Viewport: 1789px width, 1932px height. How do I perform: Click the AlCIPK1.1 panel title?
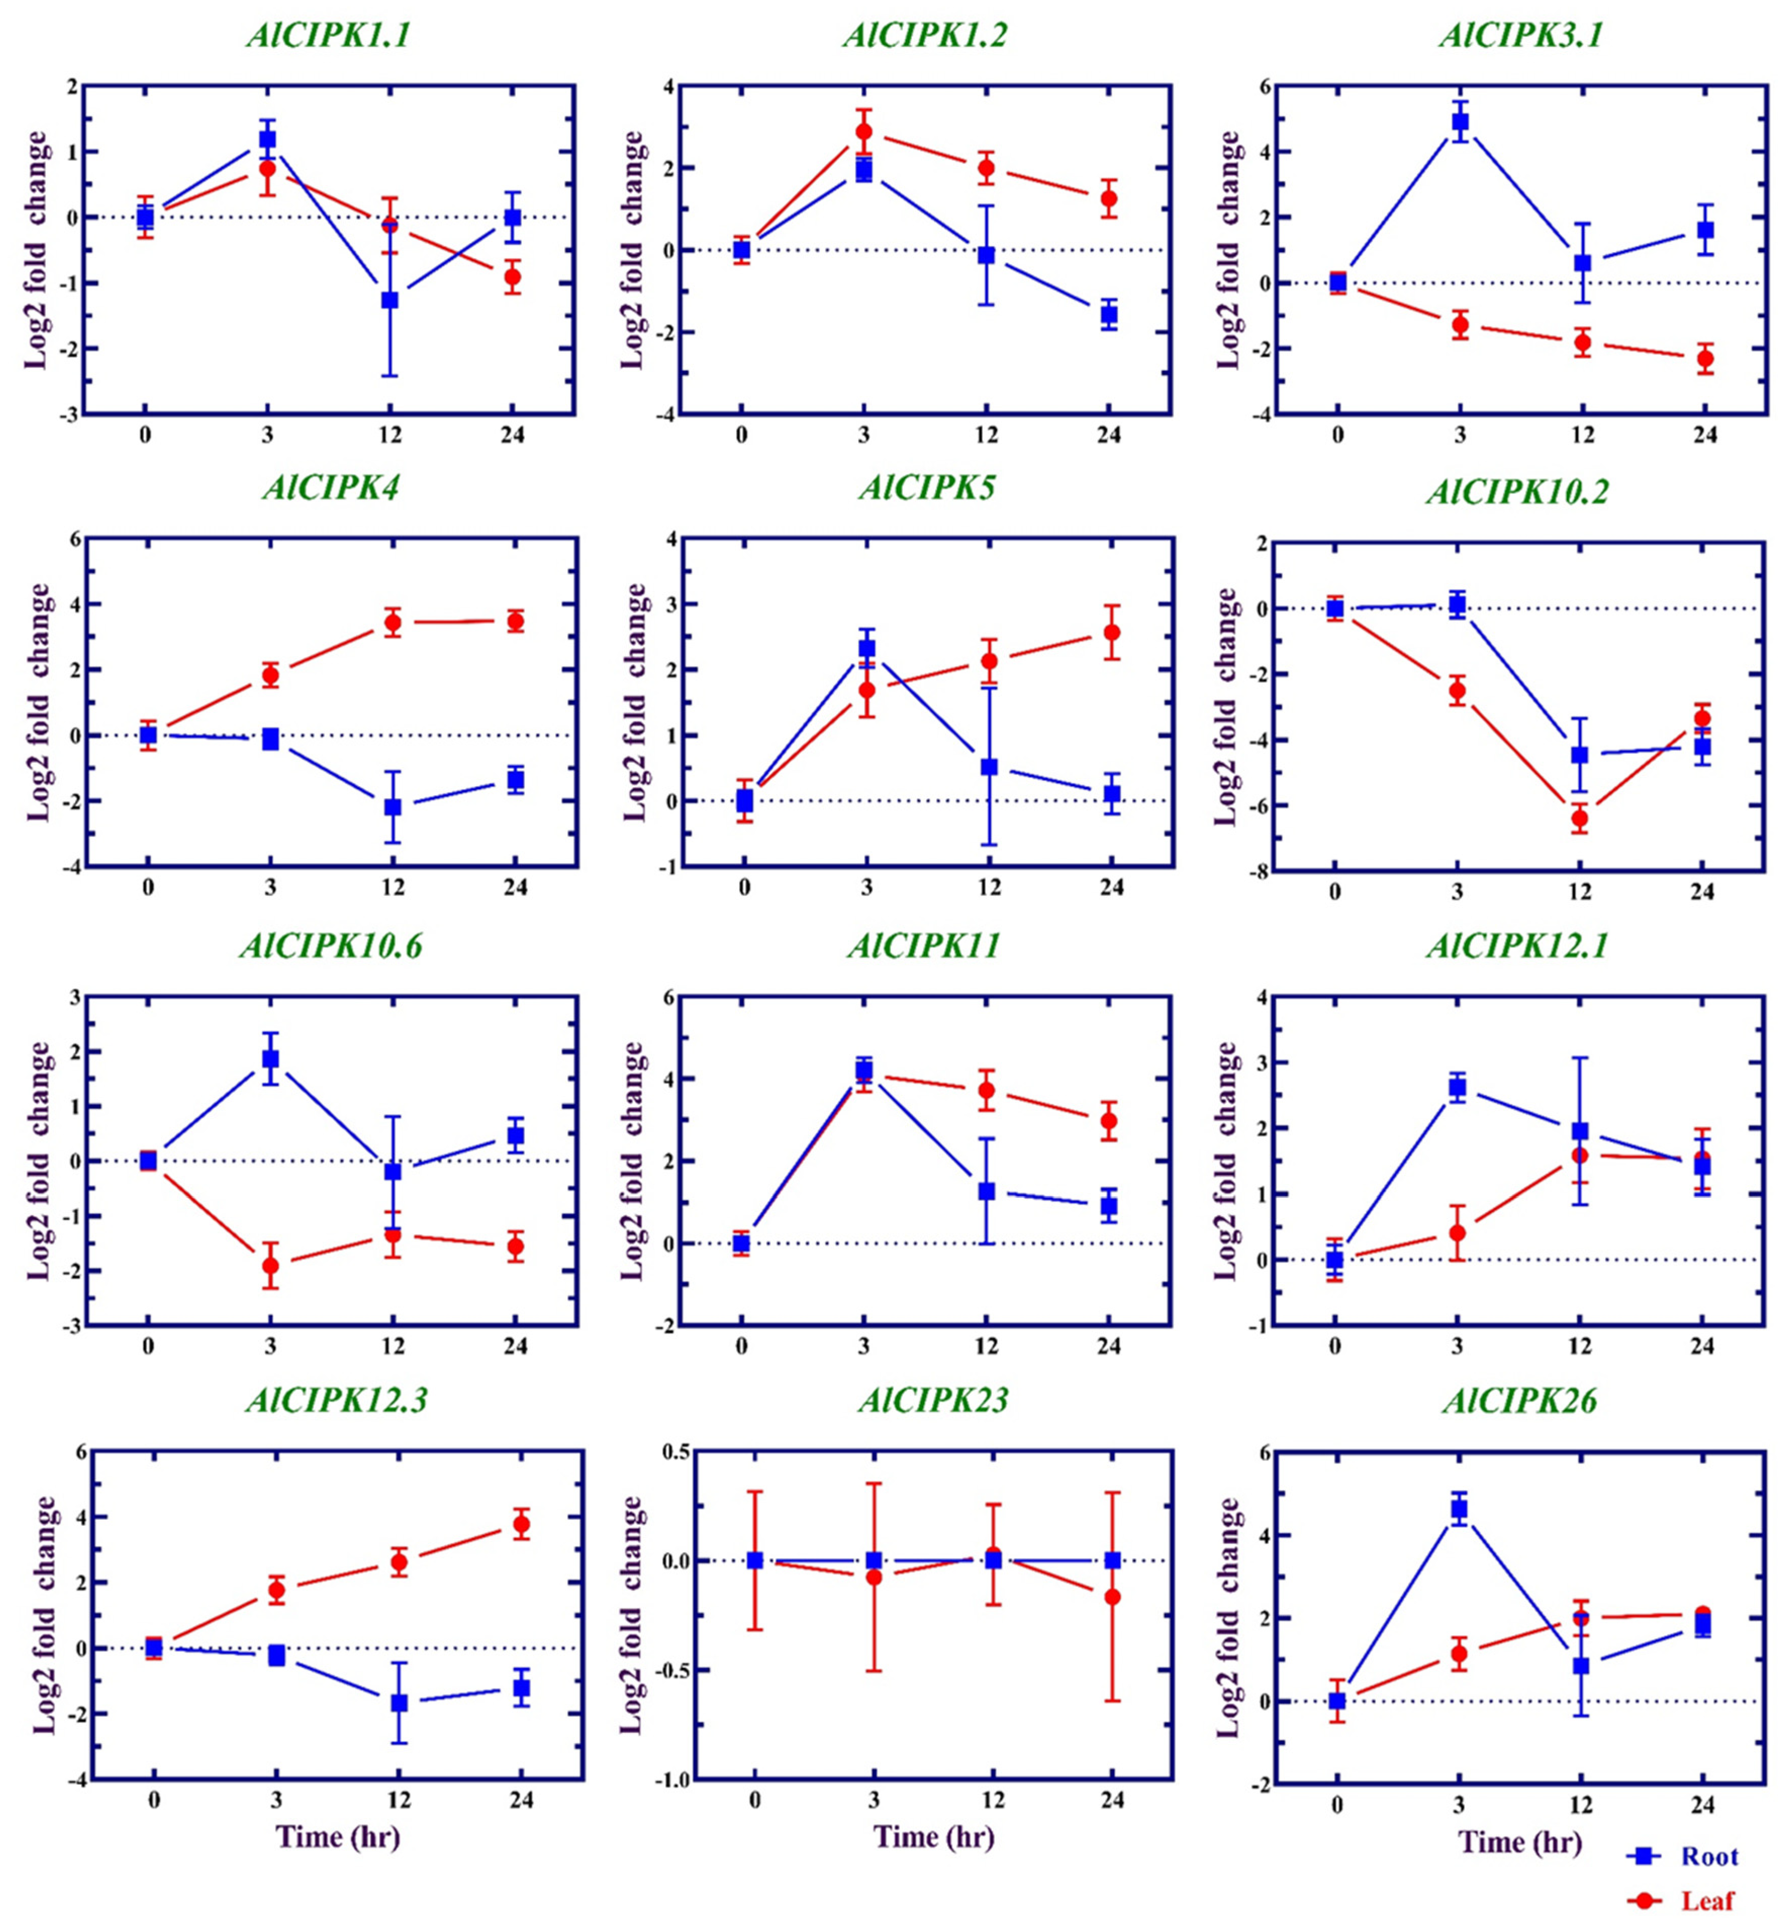pyautogui.click(x=328, y=36)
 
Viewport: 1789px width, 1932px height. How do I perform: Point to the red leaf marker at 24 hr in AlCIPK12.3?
pyautogui.click(x=521, y=1524)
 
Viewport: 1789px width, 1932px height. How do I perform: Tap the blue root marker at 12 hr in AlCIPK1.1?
pyautogui.click(x=389, y=300)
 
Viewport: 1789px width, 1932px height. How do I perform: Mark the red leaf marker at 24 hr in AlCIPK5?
pyautogui.click(x=1111, y=632)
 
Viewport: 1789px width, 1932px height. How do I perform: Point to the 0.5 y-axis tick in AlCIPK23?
pyautogui.click(x=674, y=1451)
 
